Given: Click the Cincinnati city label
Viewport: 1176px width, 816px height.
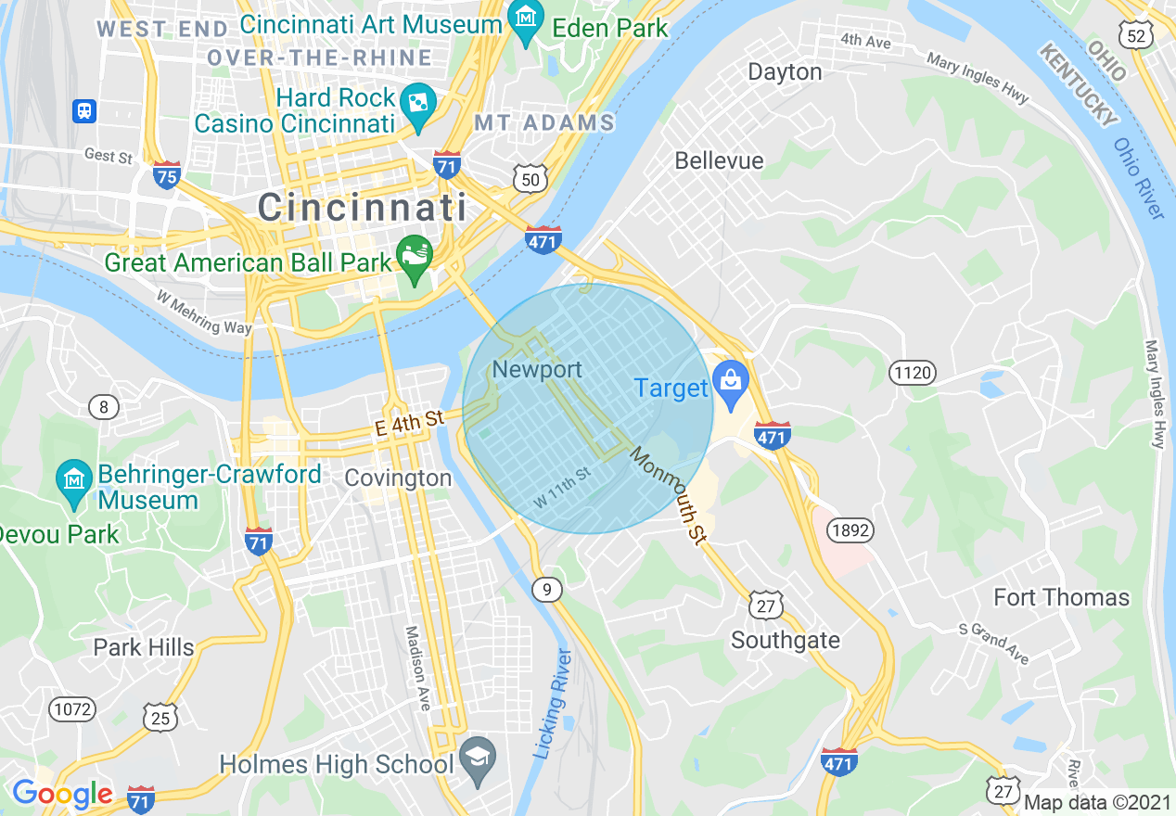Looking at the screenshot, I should click(362, 206).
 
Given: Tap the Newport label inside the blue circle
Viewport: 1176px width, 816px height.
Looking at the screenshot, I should click(537, 370).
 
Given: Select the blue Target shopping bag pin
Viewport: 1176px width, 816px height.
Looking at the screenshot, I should click(731, 384).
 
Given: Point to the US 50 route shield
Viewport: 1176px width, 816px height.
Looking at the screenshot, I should click(530, 179).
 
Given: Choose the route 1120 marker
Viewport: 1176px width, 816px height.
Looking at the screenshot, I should click(913, 374).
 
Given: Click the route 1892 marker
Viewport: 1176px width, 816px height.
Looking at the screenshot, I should click(850, 531).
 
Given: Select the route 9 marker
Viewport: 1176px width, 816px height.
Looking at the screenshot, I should click(548, 589).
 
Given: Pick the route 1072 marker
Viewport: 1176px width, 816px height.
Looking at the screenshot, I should click(73, 709).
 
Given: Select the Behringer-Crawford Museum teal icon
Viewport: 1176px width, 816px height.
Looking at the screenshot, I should click(73, 479).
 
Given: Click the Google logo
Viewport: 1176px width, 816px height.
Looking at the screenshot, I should click(61, 793).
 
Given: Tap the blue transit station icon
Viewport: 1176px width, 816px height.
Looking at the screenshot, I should click(84, 111).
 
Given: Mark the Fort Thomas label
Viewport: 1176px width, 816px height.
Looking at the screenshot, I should click(1062, 597).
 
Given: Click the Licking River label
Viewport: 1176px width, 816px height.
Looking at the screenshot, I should click(554, 705).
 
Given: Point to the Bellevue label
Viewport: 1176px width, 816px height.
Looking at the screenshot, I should click(719, 160).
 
